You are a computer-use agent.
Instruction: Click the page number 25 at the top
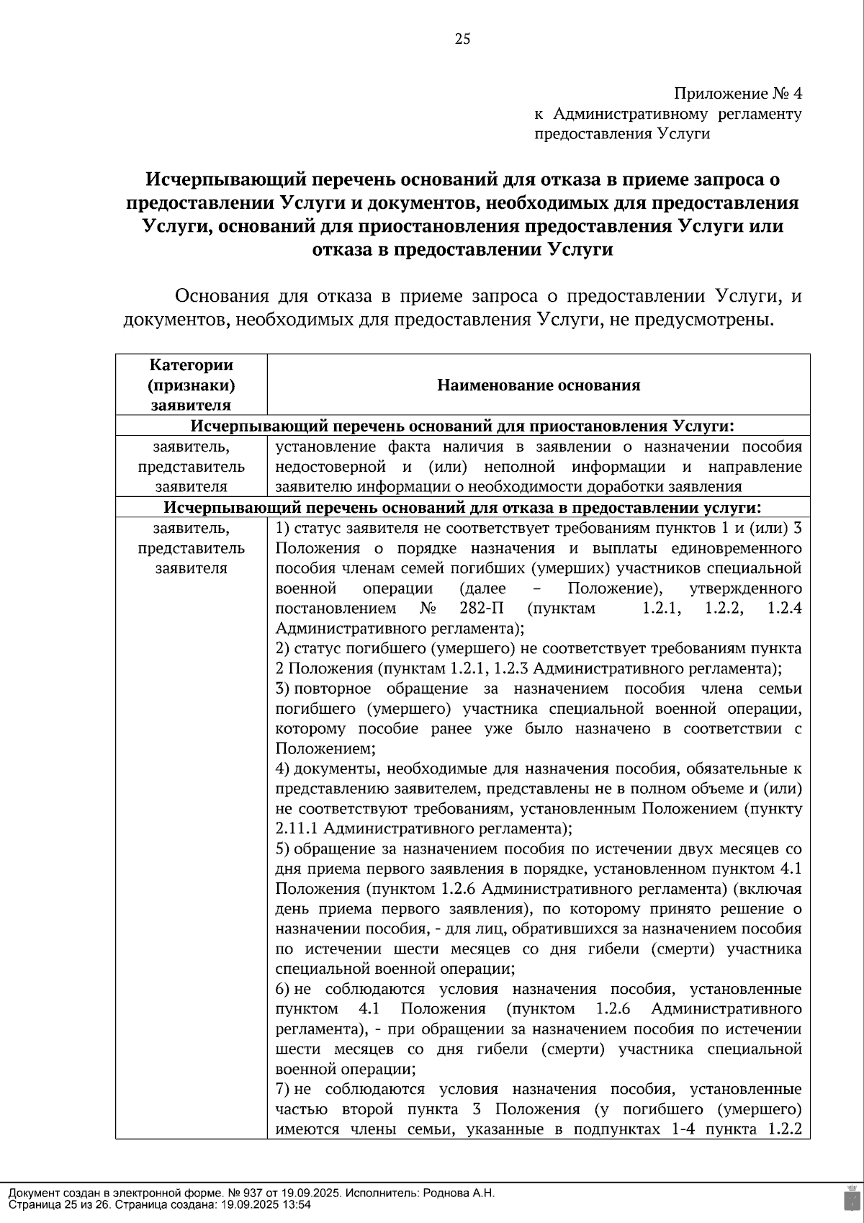462,40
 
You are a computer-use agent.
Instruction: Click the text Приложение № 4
737,94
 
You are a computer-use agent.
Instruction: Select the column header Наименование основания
539,385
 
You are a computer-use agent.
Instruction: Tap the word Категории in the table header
192,365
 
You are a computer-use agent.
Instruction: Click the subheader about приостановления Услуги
462,426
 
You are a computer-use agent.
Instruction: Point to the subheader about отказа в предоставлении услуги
462,507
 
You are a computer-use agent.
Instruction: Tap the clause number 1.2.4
784,608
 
